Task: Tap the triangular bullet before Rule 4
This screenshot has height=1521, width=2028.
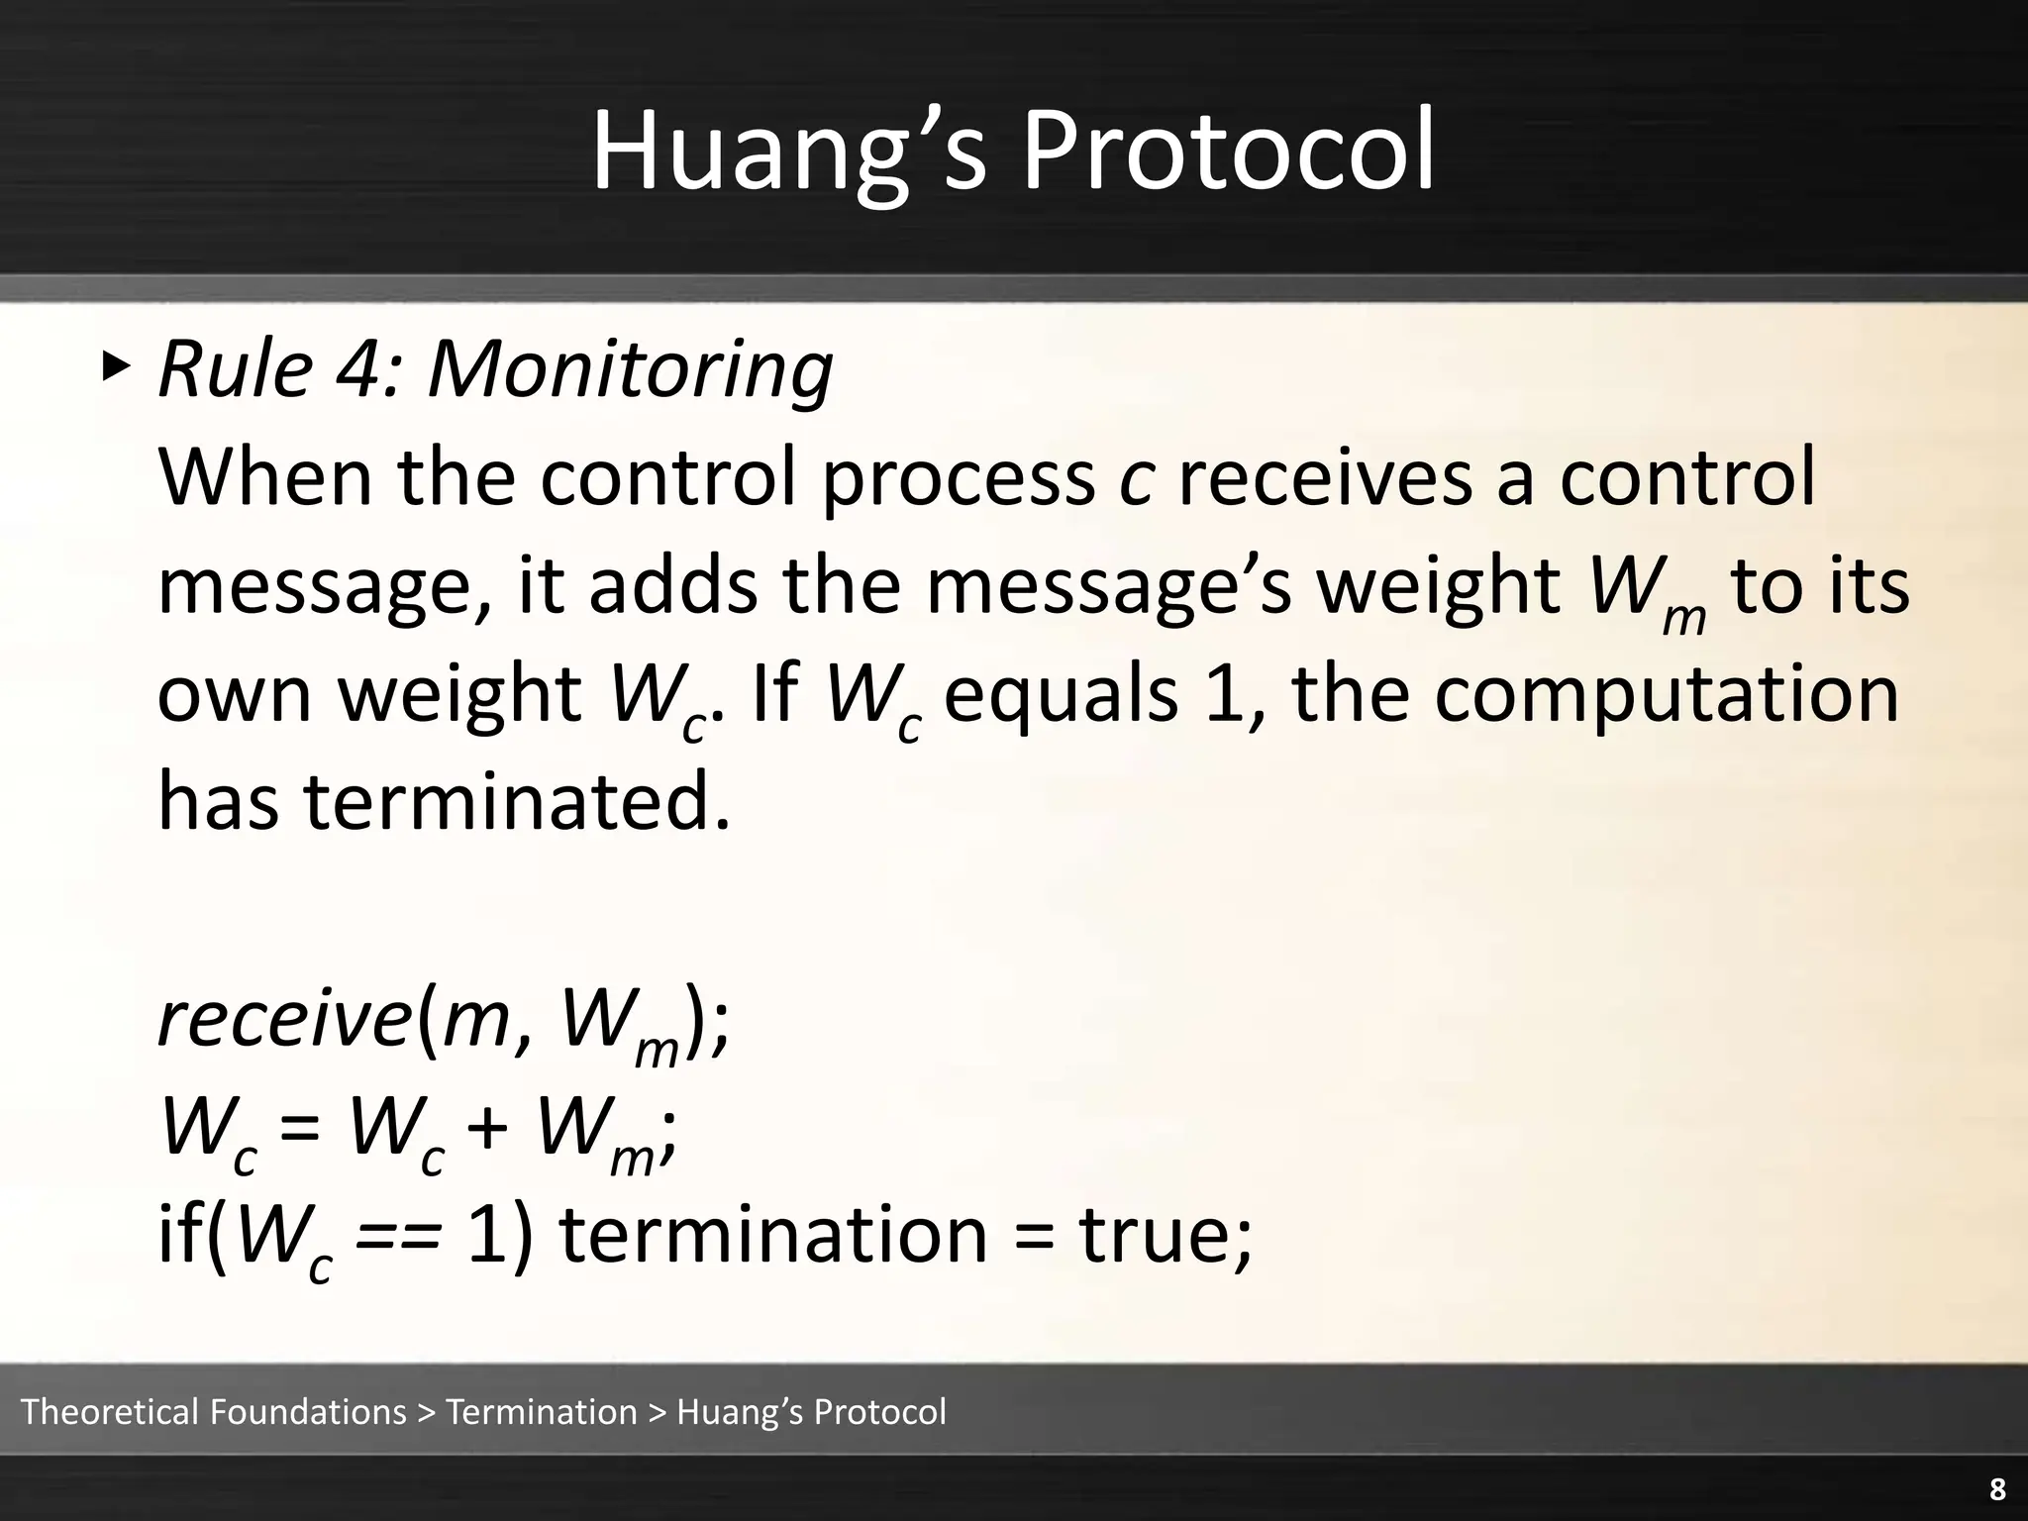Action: pyautogui.click(x=116, y=367)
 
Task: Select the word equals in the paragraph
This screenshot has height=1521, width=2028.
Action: pyautogui.click(x=1062, y=693)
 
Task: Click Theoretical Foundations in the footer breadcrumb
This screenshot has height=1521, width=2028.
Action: pyautogui.click(x=214, y=1412)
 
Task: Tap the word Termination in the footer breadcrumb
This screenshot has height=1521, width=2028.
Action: pyautogui.click(x=542, y=1412)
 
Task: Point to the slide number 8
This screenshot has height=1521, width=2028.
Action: pyautogui.click(x=1997, y=1489)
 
